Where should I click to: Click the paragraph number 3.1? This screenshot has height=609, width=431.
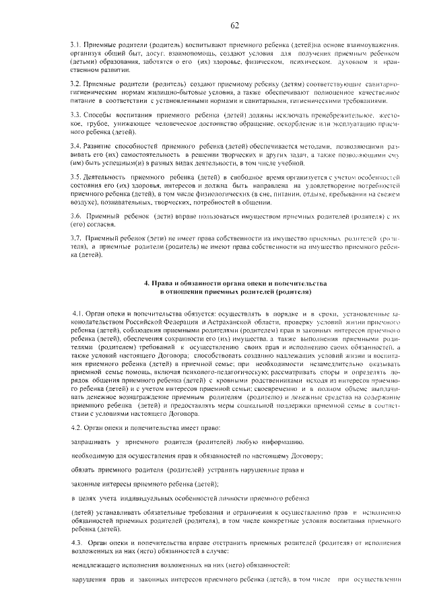(x=75, y=44)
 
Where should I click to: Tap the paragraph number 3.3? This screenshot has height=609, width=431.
(x=75, y=114)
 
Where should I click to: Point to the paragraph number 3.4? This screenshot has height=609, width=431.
(x=75, y=145)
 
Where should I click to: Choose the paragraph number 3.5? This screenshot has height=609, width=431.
(x=75, y=176)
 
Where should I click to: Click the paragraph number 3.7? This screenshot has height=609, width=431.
(x=75, y=239)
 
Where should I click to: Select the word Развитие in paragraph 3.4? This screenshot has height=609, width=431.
(x=102, y=145)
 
